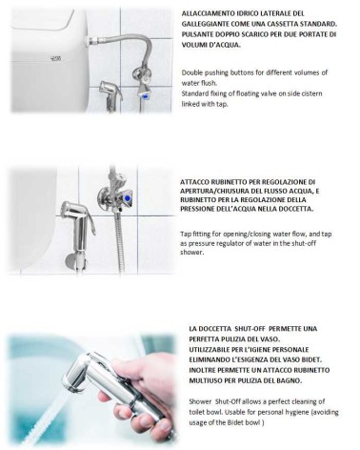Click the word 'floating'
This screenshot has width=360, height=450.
click(x=248, y=93)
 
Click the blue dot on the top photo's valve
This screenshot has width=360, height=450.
click(x=146, y=94)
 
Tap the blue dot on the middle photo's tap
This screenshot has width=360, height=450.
click(x=128, y=198)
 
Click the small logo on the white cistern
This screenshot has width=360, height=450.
click(x=55, y=58)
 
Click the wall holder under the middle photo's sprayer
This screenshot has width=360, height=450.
click(x=75, y=261)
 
